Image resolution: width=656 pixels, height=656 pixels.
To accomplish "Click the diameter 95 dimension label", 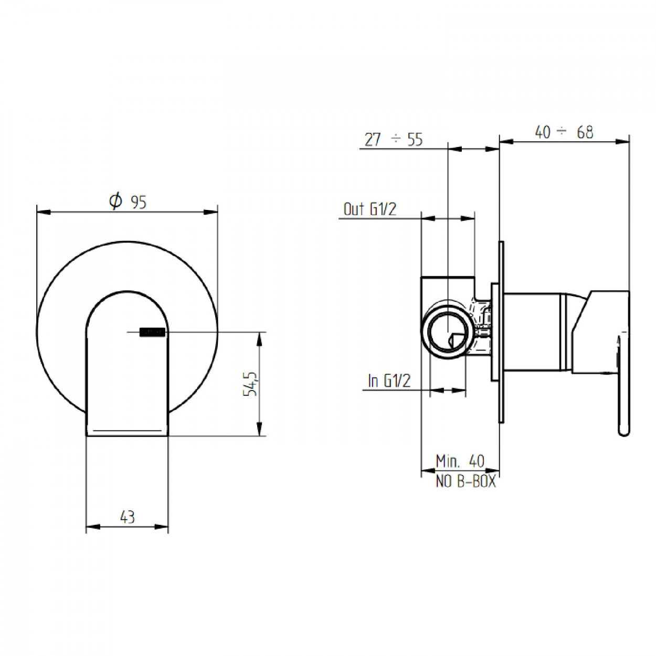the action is pos(128,202).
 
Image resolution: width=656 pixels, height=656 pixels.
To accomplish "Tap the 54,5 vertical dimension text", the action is pos(250,383).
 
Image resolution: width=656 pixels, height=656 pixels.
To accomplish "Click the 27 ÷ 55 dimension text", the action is pos(394,140).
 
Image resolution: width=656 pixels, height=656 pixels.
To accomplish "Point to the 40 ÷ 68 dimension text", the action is pos(564,132).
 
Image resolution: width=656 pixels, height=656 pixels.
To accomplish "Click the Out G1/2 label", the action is pos(370,209).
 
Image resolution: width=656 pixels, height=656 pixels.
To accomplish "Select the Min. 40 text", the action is pos(460,461).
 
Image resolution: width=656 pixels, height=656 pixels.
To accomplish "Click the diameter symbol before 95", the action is pos(115,201).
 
